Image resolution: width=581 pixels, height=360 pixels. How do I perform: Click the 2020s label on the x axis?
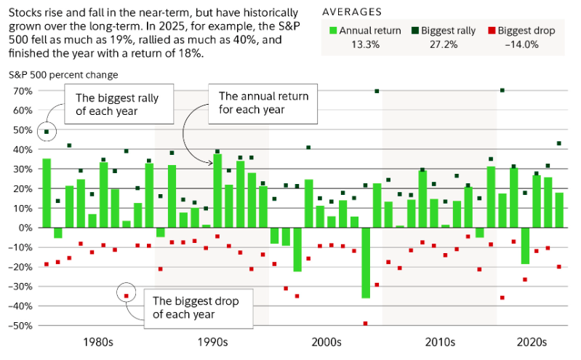[x=532, y=342]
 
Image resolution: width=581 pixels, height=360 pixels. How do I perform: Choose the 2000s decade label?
[x=326, y=342]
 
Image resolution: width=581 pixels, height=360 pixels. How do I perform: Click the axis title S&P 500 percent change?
[x=63, y=74]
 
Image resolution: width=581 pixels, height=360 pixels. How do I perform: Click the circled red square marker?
[x=126, y=296]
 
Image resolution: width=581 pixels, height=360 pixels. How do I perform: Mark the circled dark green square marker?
[x=47, y=132]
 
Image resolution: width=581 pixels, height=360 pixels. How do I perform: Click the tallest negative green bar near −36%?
[x=366, y=263]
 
